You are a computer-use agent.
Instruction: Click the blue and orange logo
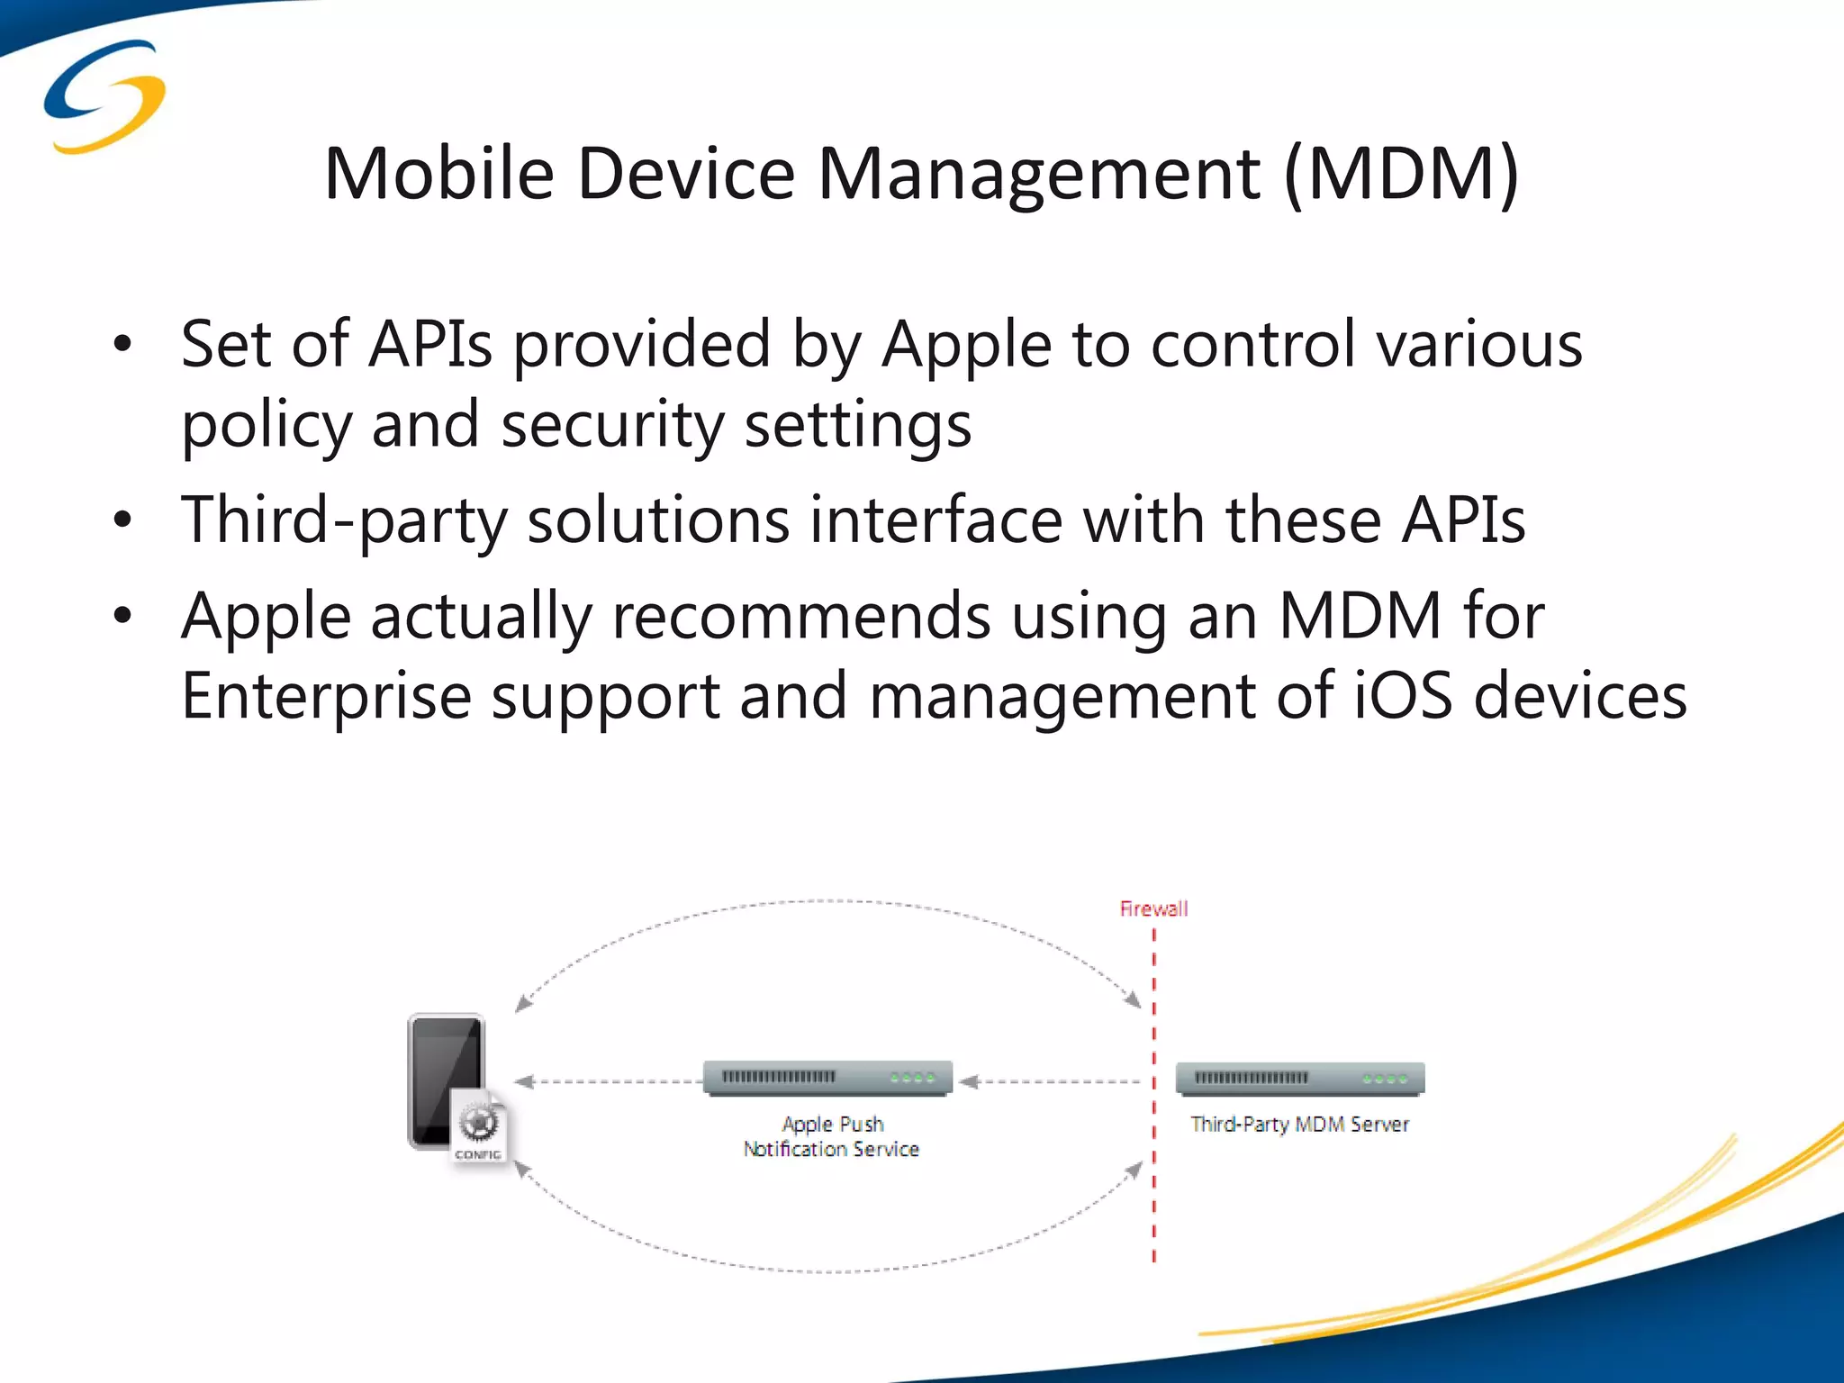(104, 96)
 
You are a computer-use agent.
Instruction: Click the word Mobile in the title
(438, 173)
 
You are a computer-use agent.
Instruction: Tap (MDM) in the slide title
(1401, 175)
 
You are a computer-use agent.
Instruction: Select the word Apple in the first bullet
(966, 345)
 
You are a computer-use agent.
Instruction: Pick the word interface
(936, 520)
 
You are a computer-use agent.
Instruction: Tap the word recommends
(800, 617)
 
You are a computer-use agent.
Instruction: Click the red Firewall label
(1153, 908)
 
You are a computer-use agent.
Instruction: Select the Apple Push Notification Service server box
(827, 1078)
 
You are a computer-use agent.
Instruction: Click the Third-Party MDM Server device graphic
(1299, 1079)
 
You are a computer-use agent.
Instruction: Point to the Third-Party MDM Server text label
(1299, 1124)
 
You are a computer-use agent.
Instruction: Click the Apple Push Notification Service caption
(831, 1136)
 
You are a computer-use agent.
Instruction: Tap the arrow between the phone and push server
(608, 1081)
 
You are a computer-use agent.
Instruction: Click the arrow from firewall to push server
(1050, 1081)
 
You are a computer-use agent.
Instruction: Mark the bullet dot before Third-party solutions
(123, 521)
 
